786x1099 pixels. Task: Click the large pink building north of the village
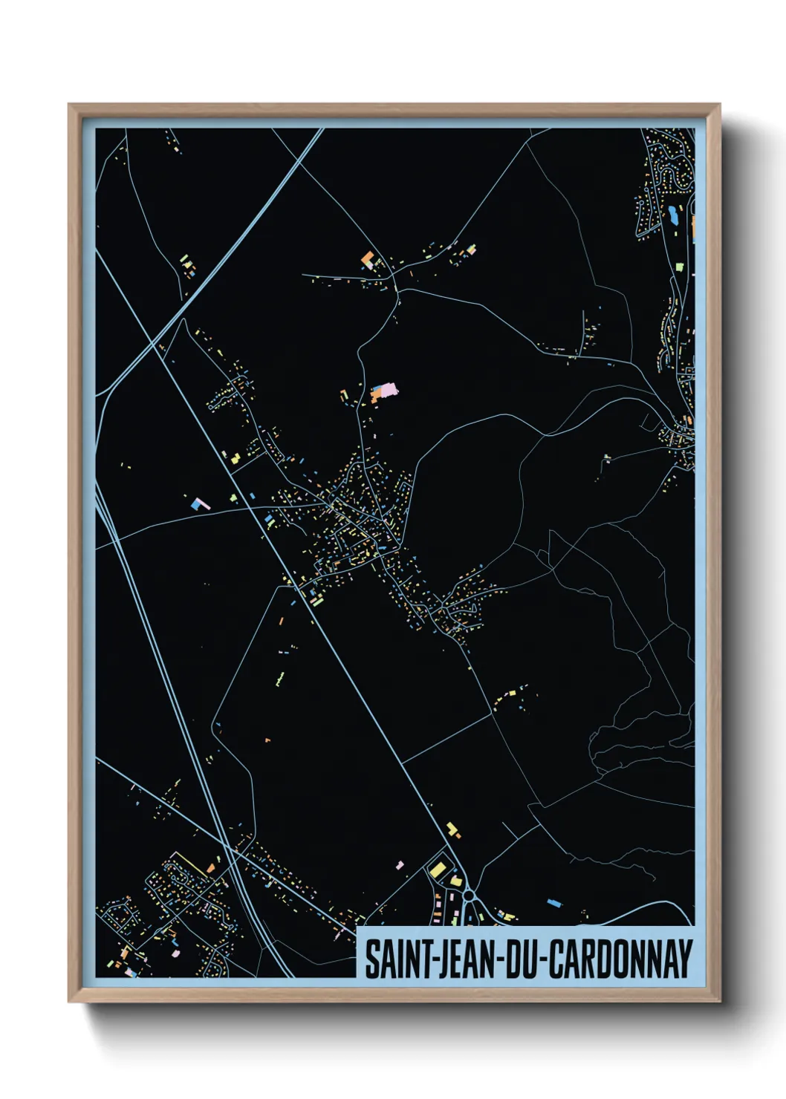[x=386, y=390]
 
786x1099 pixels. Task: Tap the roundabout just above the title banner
[x=470, y=896]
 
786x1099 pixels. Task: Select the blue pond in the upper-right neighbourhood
[x=673, y=215]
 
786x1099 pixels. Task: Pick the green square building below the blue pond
[x=679, y=266]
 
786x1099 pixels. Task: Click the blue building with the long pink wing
[x=199, y=504]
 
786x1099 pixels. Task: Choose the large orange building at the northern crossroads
[x=367, y=259]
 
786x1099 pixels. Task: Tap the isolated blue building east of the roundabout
[x=554, y=903]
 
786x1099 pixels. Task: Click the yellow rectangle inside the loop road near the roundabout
[x=438, y=869]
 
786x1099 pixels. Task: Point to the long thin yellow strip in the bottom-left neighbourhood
[x=189, y=863]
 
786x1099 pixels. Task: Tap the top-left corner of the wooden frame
[x=69, y=105]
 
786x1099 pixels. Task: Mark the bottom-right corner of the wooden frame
[x=719, y=1002]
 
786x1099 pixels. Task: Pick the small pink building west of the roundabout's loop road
[x=400, y=865]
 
